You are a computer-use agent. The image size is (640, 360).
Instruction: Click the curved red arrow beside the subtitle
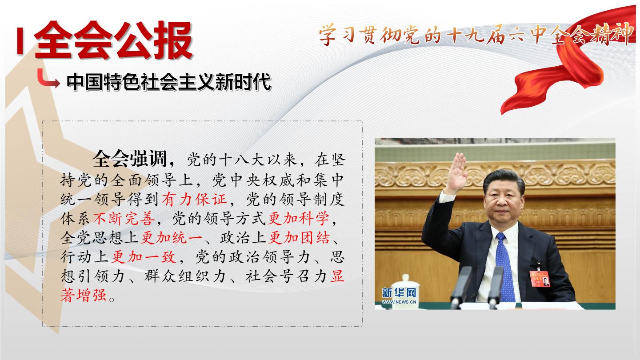tap(48, 79)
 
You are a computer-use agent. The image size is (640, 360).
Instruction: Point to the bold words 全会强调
tap(130, 159)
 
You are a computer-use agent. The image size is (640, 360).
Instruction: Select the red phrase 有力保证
tap(194, 199)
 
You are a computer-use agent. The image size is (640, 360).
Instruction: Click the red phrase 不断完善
tap(124, 219)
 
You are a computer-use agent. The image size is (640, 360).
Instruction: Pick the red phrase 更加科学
tap(299, 219)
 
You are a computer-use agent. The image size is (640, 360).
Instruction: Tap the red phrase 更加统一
tap(172, 238)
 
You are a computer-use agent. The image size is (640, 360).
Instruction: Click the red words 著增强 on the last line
tap(84, 296)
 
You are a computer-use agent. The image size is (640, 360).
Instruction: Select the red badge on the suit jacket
tap(540, 279)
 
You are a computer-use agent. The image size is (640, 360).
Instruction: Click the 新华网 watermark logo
tap(399, 293)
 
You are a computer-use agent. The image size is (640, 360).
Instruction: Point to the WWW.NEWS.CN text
tap(399, 302)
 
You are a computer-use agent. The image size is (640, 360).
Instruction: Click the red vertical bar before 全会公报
tap(20, 40)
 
